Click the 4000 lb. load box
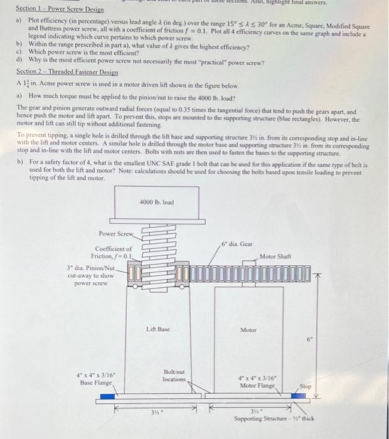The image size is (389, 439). point(156,203)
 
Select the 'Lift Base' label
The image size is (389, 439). point(158,329)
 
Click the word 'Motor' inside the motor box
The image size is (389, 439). point(248,329)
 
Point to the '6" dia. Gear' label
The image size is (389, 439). point(237,243)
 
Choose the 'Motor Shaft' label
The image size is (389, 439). point(276,256)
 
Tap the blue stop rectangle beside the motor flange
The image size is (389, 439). point(290,396)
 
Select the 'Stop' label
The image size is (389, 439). point(306,386)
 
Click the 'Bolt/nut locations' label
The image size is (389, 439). point(174,375)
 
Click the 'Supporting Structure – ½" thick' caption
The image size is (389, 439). point(274,418)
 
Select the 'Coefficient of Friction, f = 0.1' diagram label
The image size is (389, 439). point(114,252)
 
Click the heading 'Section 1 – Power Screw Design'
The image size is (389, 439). point(60,9)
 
